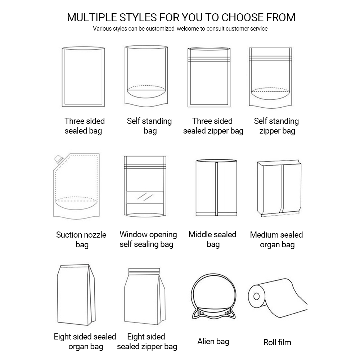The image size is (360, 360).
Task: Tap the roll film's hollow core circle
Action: tap(257, 296)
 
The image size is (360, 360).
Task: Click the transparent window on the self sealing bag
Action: tap(145, 197)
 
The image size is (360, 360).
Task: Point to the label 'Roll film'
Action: tap(277, 342)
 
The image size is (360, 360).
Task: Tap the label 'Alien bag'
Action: tap(213, 341)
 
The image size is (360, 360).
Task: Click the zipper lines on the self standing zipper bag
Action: tap(270, 57)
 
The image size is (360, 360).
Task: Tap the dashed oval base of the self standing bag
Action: tap(147, 88)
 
